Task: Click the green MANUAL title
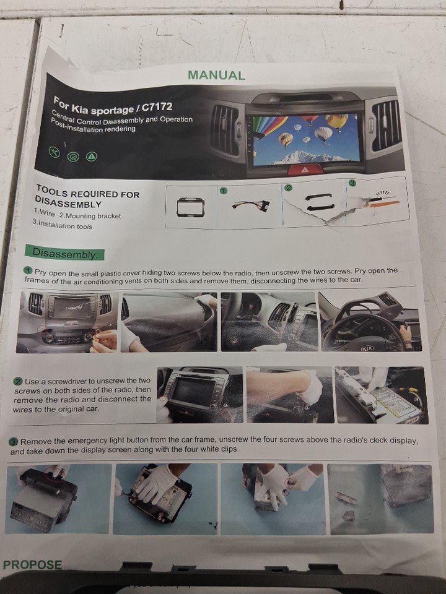pos(217,75)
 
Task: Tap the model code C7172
pos(157,107)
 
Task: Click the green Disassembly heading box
pos(64,252)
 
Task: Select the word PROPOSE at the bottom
pos(32,565)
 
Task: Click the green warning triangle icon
pos(92,156)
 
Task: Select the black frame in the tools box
pos(191,207)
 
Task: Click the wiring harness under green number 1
pos(251,206)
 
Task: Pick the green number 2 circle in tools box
pos(289,187)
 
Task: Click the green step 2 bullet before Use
pos(18,381)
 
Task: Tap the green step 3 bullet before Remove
pos(14,442)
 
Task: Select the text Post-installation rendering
pos(92,126)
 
